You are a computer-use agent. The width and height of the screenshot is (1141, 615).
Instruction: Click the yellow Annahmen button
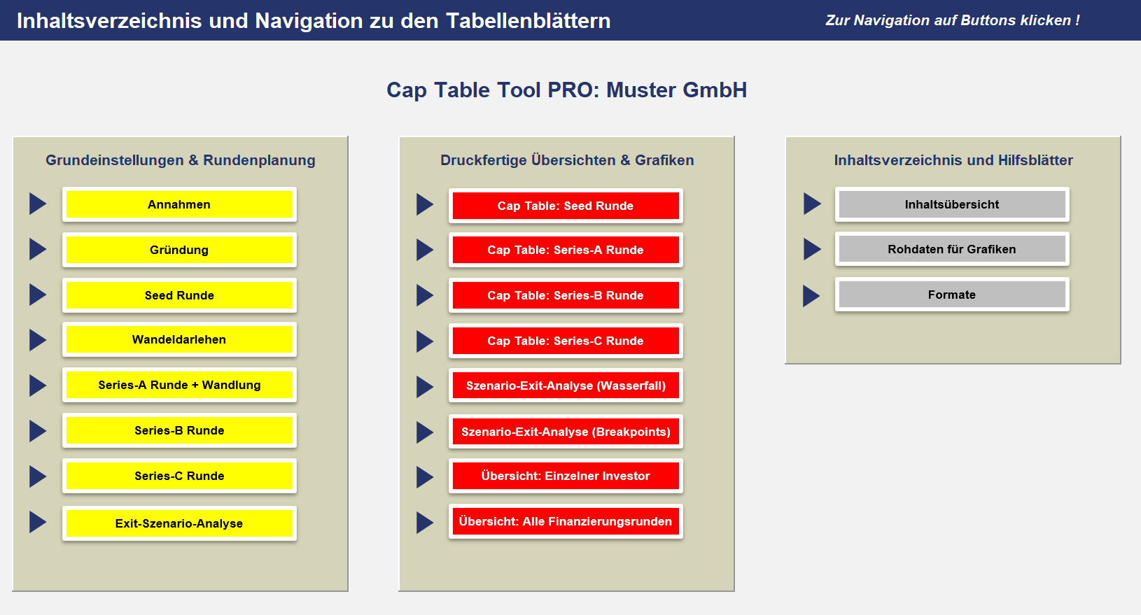tap(179, 204)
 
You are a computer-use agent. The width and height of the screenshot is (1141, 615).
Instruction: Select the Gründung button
tap(179, 250)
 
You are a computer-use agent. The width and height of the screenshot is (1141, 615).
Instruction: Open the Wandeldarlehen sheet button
tap(179, 339)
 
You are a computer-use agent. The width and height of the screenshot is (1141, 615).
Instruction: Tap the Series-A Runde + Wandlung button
tap(179, 385)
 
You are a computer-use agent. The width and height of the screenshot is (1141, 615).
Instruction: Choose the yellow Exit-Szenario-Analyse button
tap(179, 523)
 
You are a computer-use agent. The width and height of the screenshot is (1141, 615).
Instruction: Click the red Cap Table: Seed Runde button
tap(566, 206)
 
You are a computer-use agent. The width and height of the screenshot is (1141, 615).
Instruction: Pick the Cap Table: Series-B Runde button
tap(566, 295)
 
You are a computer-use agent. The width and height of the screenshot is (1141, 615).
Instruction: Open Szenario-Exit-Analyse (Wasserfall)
tap(566, 386)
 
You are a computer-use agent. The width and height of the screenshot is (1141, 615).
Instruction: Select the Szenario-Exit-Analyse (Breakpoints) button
tap(566, 432)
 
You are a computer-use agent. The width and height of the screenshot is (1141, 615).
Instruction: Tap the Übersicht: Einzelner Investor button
tap(566, 476)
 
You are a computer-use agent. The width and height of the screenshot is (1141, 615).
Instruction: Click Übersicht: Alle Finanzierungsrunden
tap(566, 521)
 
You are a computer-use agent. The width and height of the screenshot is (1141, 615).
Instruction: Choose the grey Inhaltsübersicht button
tap(952, 204)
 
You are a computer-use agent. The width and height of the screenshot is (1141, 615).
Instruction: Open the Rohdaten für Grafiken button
tap(952, 249)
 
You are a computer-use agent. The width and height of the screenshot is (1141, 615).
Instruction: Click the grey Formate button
tap(952, 295)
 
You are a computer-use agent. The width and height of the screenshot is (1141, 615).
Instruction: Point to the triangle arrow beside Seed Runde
tap(37, 295)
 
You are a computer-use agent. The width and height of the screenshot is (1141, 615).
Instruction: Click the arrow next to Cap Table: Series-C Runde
tap(424, 341)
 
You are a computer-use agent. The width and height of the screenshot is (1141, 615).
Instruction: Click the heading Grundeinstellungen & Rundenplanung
tap(181, 160)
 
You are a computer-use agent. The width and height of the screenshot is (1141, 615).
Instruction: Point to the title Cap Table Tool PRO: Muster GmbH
tap(566, 90)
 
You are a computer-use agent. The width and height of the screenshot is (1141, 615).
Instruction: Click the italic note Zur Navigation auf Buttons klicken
tap(953, 20)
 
